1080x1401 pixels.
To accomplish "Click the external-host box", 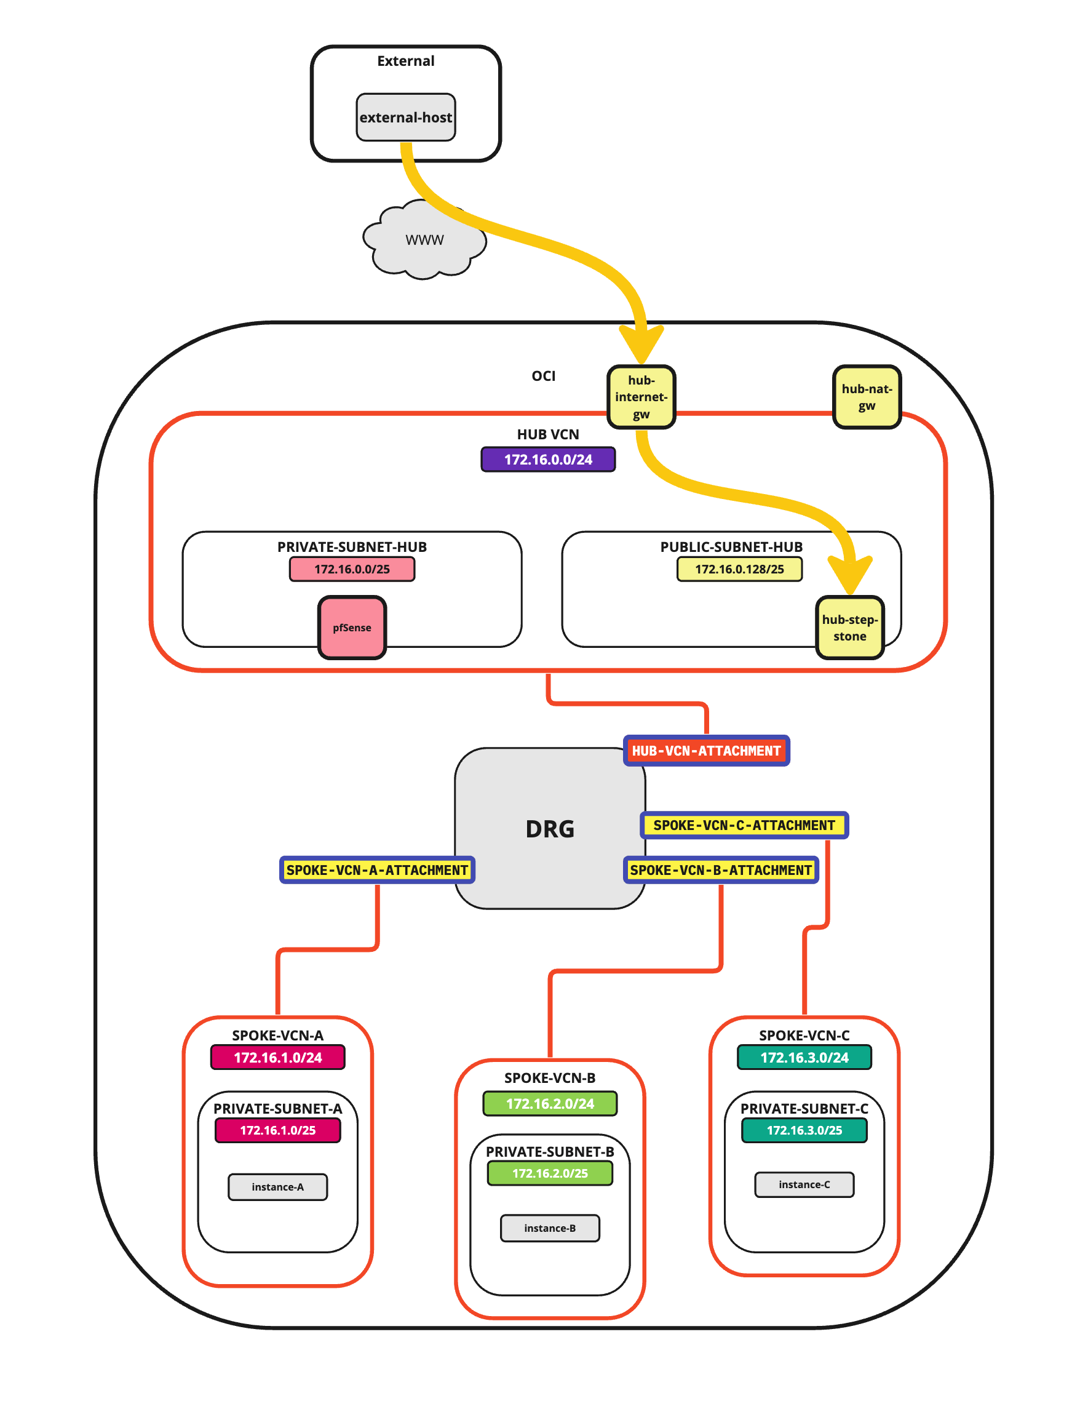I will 405,118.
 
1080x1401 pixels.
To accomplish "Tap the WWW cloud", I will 424,241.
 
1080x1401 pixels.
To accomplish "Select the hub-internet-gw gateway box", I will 641,397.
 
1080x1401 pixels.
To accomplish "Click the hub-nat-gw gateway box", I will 866,397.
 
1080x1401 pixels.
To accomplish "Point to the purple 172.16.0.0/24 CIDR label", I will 548,459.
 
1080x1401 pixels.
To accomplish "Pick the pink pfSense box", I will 351,628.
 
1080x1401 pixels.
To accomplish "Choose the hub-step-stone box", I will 849,628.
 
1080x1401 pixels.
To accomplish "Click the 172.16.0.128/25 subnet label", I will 739,569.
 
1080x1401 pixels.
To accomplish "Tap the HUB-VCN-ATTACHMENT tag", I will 706,751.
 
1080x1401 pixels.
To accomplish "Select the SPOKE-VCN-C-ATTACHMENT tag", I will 744,825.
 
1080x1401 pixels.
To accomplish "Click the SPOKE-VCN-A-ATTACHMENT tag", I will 377,870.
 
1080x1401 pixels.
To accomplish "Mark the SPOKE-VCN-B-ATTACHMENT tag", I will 721,870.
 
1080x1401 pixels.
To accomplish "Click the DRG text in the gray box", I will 550,829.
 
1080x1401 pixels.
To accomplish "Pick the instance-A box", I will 278,1187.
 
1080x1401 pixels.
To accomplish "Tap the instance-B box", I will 550,1228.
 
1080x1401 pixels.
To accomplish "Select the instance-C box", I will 804,1184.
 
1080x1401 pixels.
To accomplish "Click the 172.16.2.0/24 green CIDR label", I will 550,1103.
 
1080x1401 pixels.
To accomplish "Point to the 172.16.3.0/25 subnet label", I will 804,1130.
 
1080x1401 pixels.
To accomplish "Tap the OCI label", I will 543,376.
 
